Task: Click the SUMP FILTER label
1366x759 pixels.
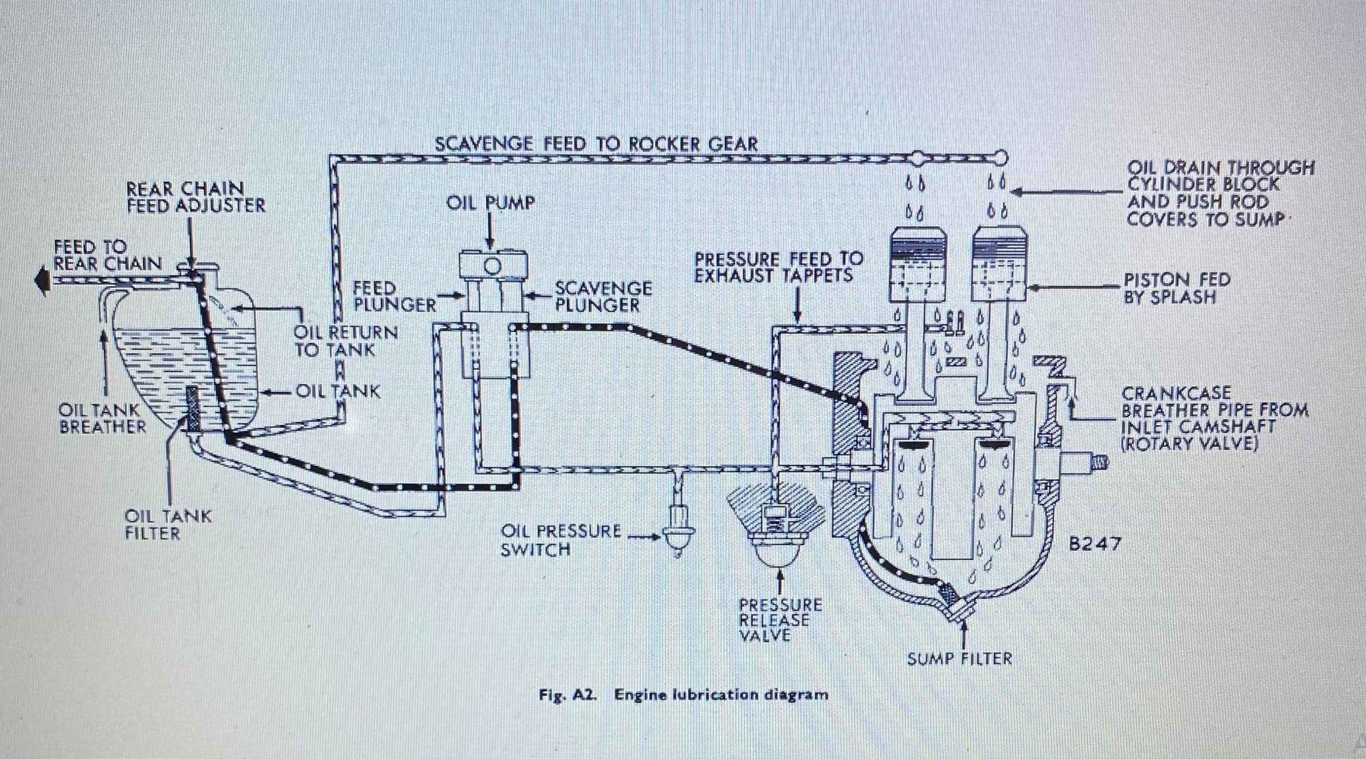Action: (960, 658)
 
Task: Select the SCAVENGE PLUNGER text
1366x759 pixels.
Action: (602, 297)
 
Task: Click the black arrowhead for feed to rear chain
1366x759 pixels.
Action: (39, 281)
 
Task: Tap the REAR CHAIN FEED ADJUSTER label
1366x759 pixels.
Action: (195, 197)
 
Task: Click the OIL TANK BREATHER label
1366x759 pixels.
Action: (102, 418)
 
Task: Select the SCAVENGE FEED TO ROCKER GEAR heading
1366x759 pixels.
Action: (595, 144)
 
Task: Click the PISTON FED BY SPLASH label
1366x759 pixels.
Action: (1176, 288)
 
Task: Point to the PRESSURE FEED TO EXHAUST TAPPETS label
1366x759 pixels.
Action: (778, 267)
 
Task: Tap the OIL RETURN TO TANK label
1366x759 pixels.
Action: (345, 341)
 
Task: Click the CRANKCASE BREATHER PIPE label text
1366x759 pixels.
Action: (1214, 418)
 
